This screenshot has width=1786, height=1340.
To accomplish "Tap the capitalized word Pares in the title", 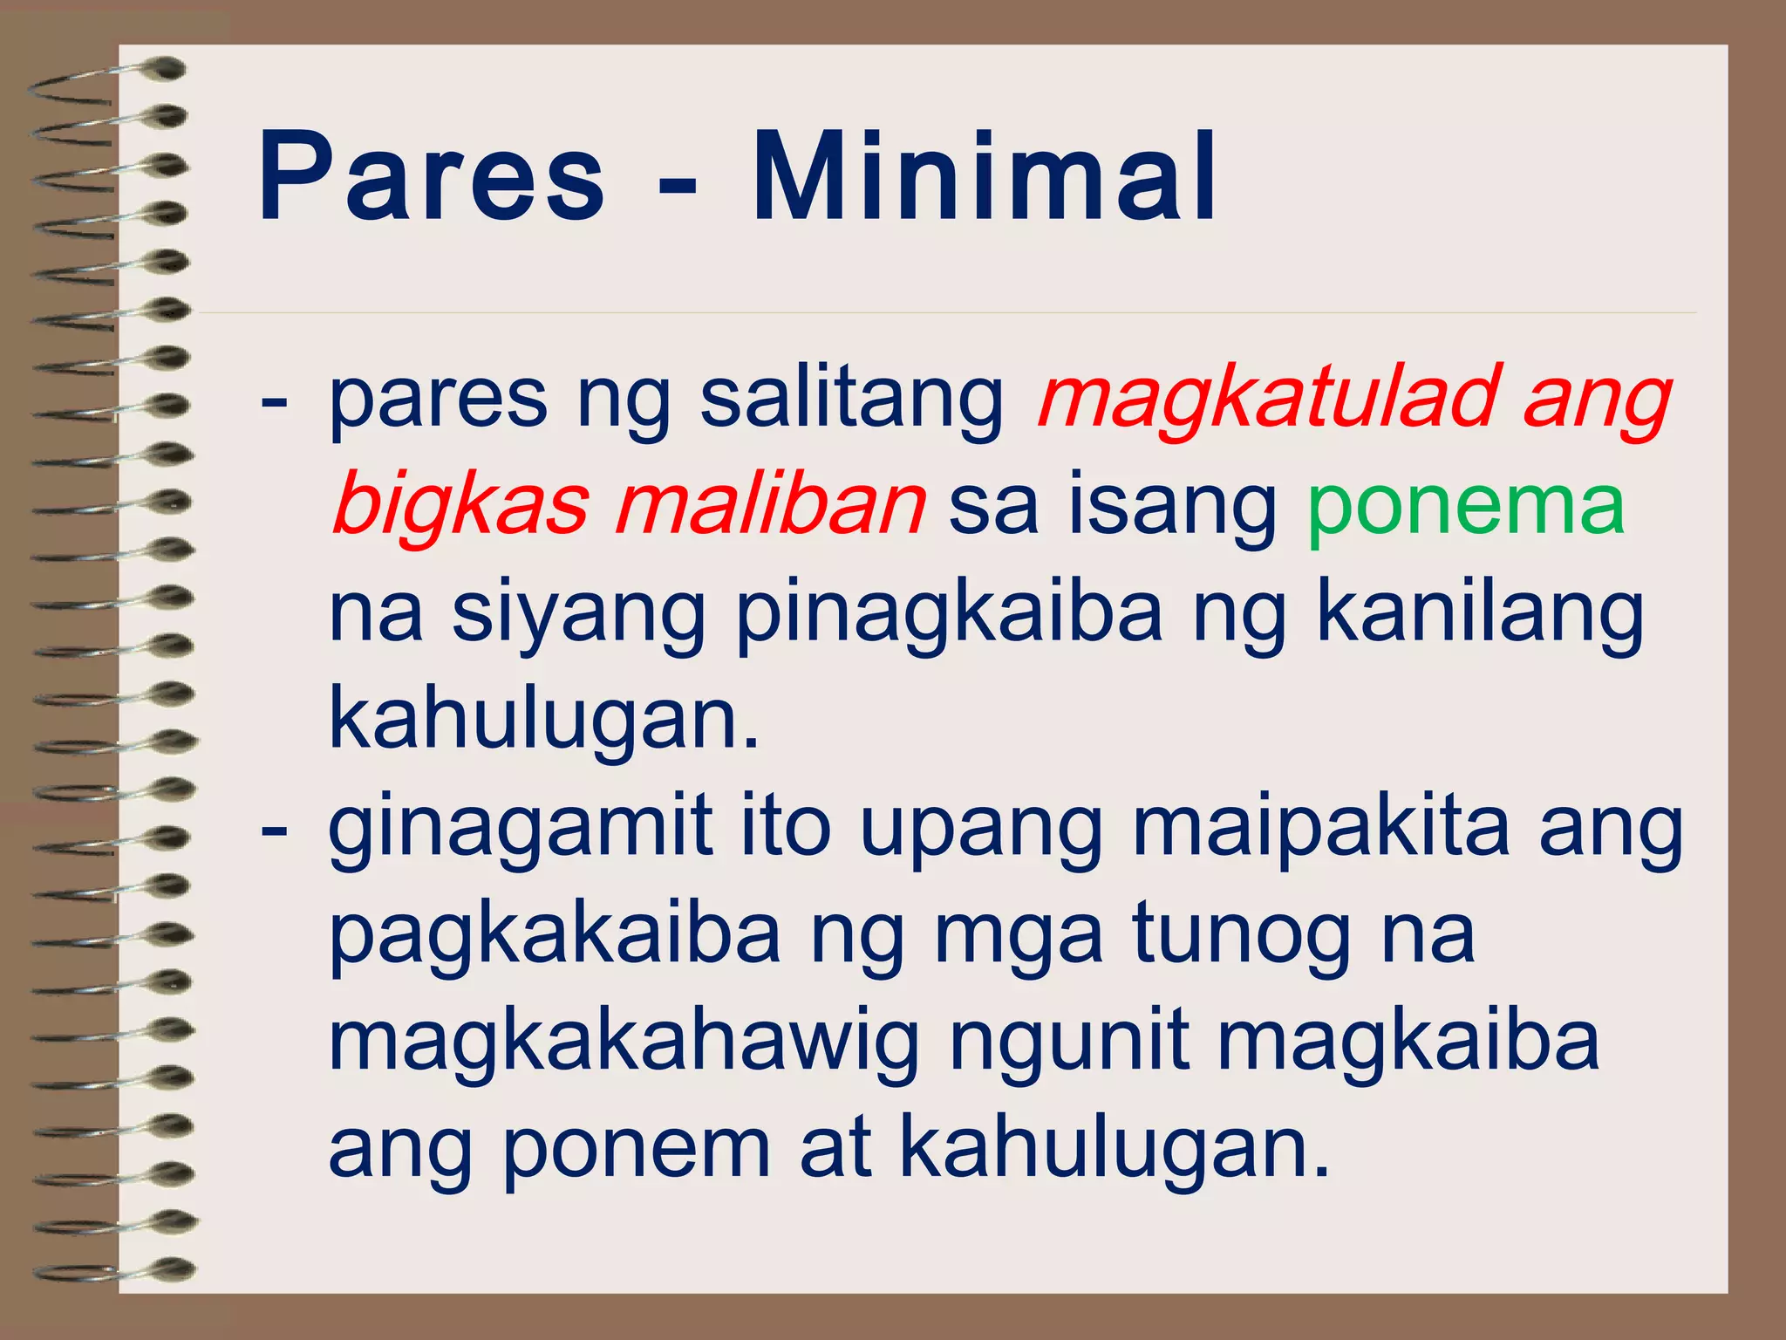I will [x=431, y=178].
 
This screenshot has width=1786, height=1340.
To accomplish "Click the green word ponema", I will [x=1466, y=506].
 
